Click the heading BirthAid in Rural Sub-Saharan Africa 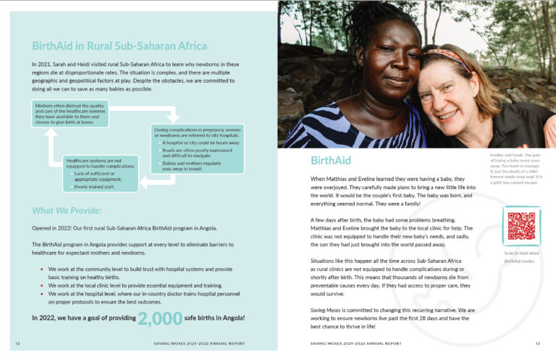(x=109, y=45)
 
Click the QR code (x=521, y=226)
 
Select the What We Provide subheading (x=66, y=211)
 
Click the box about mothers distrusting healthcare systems (x=71, y=114)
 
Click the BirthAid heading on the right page (x=330, y=160)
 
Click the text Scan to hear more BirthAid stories (x=521, y=256)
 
